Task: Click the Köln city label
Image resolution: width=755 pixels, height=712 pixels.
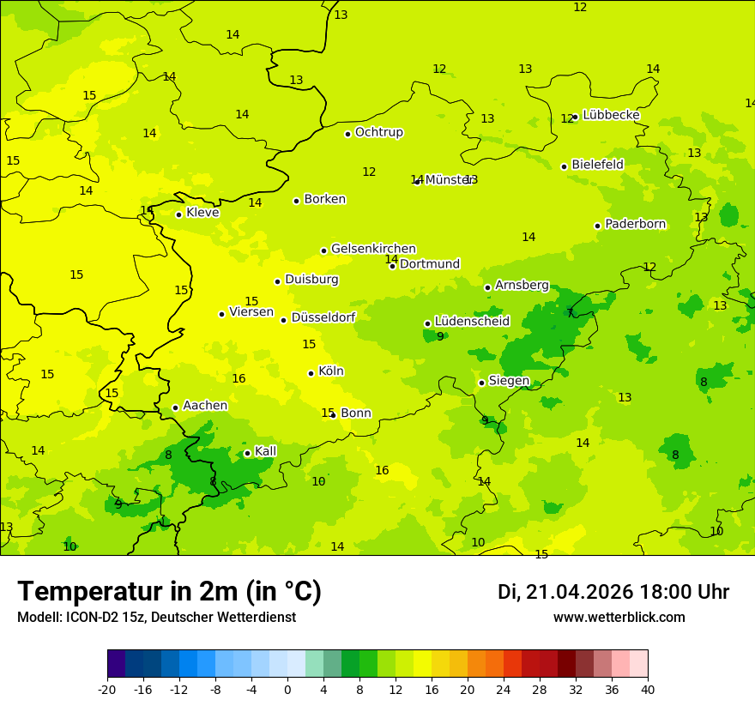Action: pos(331,371)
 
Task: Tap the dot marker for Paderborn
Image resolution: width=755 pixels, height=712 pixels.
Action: pos(597,226)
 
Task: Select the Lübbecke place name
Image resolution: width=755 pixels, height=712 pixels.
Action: pos(611,115)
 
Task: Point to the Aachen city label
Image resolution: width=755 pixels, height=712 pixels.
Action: pos(205,406)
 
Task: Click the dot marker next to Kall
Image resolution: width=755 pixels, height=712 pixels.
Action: pos(247,453)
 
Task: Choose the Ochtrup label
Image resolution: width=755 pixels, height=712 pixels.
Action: pos(378,132)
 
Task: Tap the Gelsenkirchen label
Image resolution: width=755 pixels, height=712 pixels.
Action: pos(373,249)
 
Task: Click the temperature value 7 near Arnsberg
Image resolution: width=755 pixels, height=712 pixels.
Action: pos(570,313)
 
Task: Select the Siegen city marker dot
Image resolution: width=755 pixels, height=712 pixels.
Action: pos(481,383)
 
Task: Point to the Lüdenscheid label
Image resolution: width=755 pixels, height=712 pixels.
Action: pos(472,322)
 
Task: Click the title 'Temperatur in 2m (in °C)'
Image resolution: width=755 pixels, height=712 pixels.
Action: pos(169,592)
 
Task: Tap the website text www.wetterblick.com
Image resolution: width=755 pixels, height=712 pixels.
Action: pos(619,618)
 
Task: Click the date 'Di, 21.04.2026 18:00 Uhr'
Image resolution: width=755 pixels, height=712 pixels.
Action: pos(613,592)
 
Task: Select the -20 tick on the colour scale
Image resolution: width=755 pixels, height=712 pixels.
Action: pos(107,690)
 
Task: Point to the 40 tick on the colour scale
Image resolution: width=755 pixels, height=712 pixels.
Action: pos(647,690)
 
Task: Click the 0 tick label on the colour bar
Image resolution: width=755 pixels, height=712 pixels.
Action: pos(287,690)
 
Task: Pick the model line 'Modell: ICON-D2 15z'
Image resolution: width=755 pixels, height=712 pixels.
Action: pos(156,618)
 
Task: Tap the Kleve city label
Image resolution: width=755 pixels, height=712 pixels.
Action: pos(202,213)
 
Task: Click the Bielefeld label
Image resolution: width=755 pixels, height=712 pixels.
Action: pos(597,165)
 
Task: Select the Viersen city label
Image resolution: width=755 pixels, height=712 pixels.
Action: pos(251,312)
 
